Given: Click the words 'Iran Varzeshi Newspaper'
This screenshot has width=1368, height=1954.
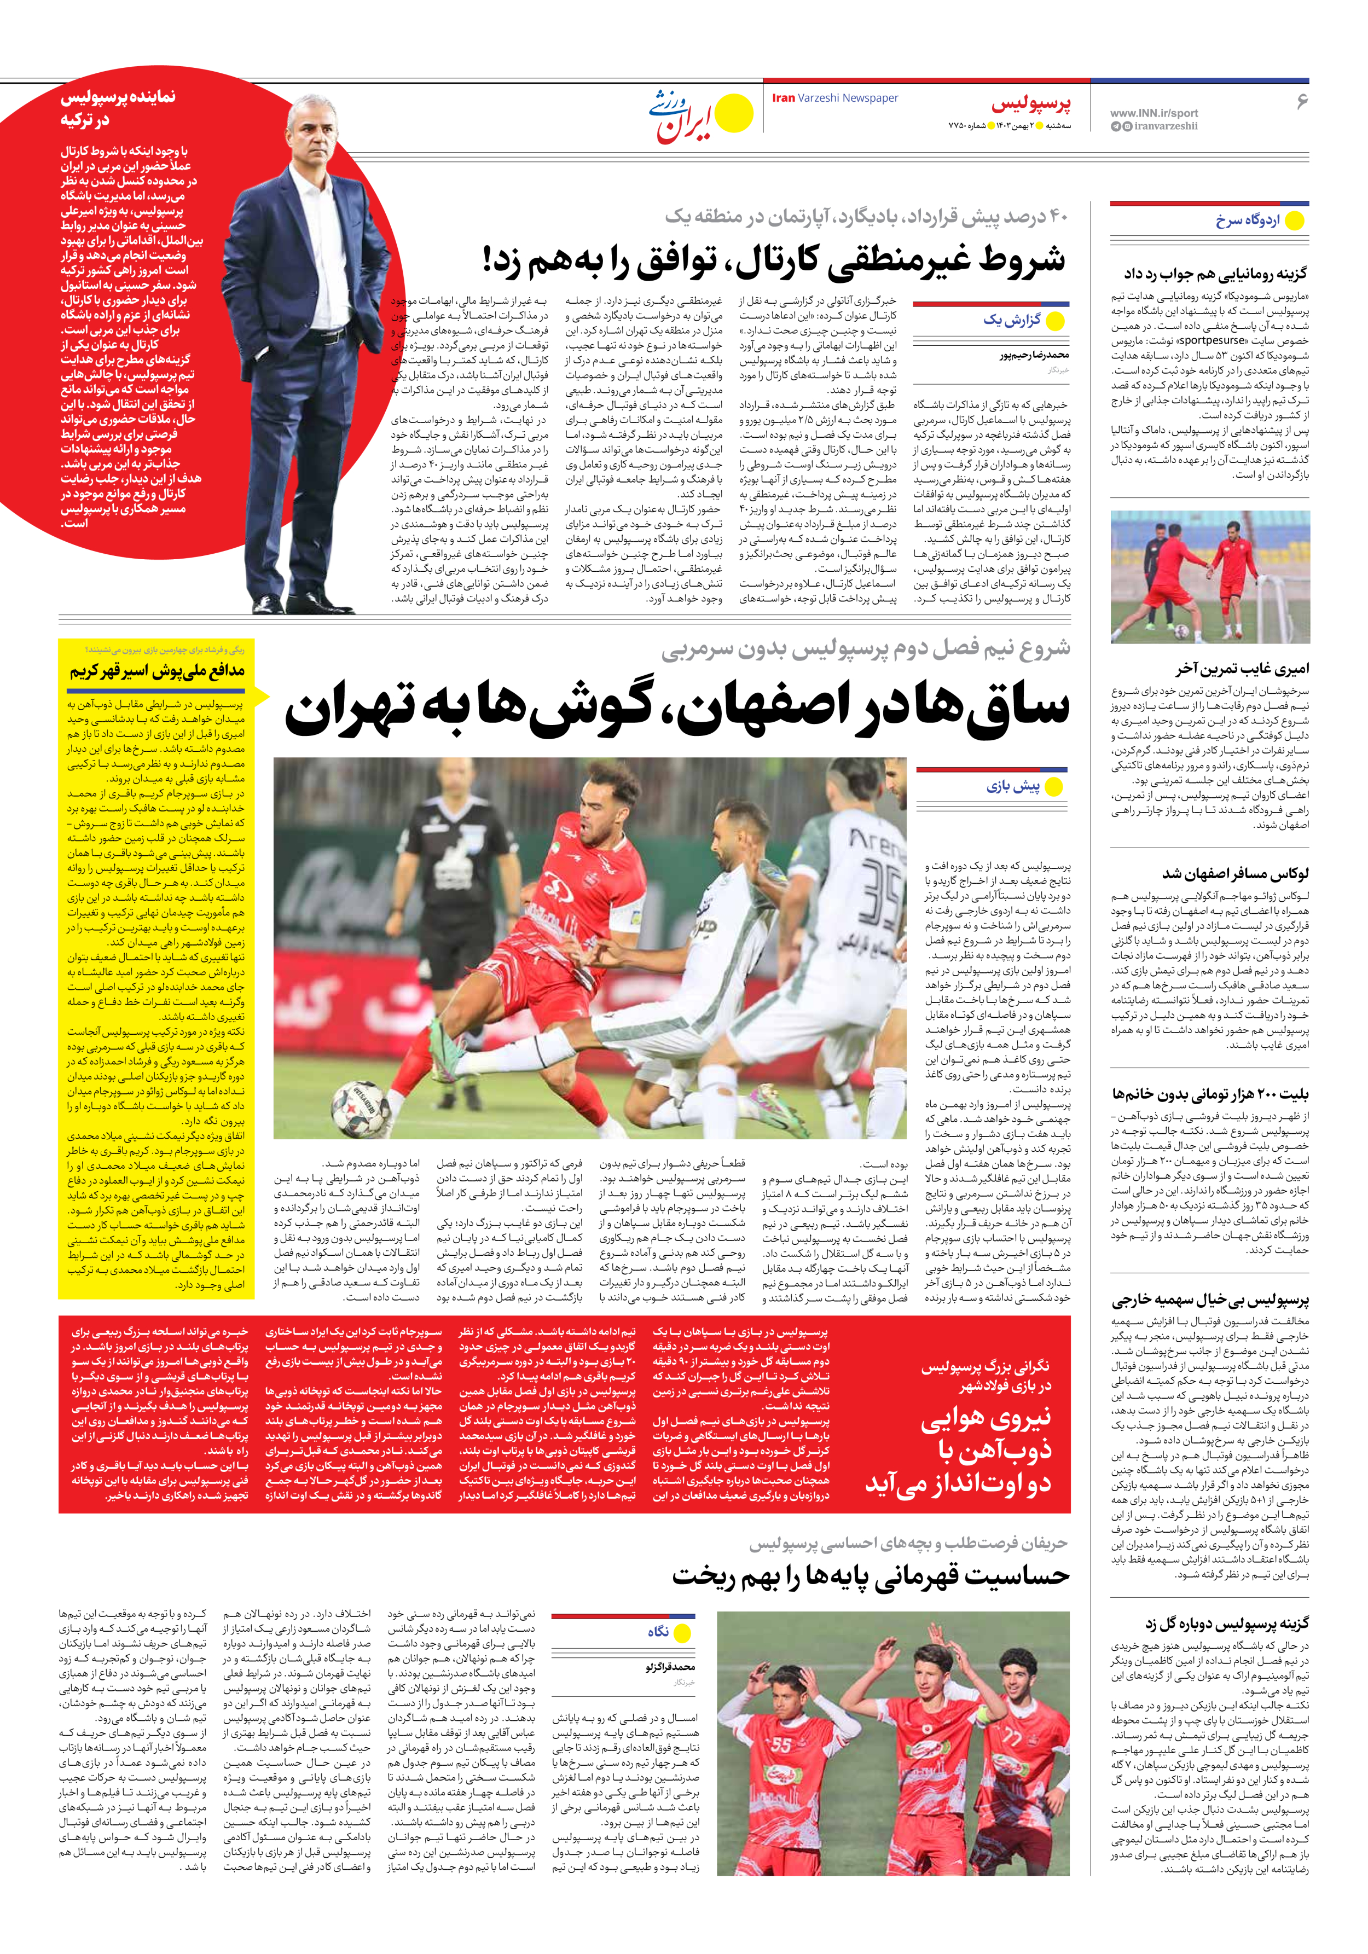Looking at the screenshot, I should pos(834,98).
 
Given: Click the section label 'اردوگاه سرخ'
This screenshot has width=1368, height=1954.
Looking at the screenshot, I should pos(1247,221).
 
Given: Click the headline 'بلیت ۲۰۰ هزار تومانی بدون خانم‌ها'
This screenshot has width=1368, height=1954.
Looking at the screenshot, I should pos(1210,1094).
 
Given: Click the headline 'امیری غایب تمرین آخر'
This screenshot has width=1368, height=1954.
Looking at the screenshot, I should pos(1242,669).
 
